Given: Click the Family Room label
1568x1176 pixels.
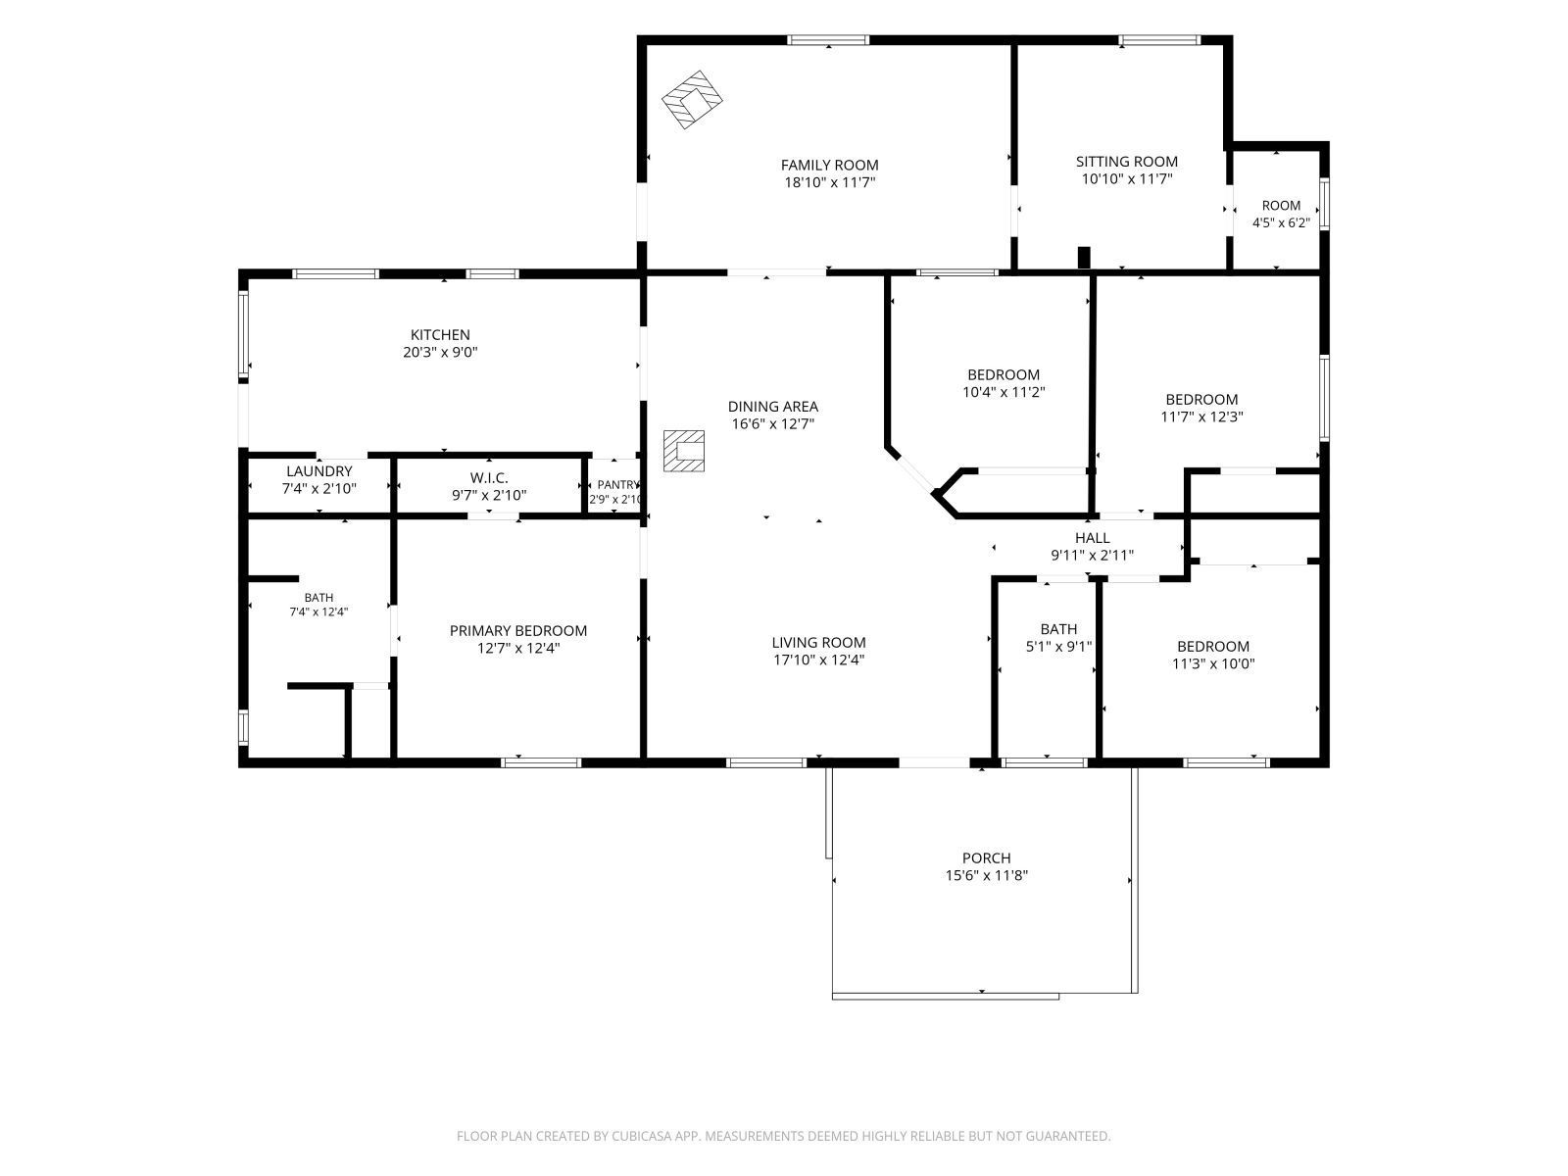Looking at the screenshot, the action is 829,165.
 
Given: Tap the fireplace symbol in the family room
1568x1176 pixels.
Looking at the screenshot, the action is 692,99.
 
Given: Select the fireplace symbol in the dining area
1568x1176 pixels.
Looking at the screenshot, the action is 684,451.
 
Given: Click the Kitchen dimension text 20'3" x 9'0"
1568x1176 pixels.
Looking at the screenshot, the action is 440,352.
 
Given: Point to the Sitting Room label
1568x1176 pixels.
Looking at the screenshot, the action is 1127,162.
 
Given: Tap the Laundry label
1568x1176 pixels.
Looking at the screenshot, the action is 319,471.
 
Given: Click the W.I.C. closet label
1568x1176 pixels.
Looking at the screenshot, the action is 489,477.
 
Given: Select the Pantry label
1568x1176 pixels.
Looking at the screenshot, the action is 617,485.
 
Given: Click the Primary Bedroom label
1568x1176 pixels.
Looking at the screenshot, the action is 518,630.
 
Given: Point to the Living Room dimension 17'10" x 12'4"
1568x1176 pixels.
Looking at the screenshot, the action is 818,660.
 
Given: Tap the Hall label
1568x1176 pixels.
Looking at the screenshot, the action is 1093,538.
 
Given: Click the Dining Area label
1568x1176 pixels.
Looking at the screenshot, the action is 773,407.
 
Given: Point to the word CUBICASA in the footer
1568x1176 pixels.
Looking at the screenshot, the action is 642,1136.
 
